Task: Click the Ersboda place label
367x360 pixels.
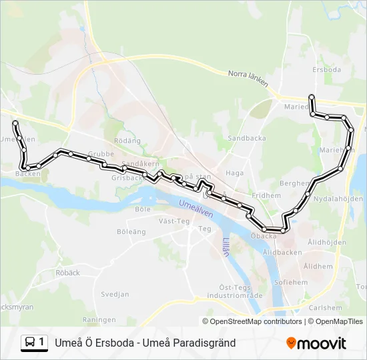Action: pyautogui.click(x=326, y=69)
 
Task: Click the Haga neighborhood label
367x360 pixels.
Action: pyautogui.click(x=235, y=173)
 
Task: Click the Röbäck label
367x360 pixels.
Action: pyautogui.click(x=67, y=273)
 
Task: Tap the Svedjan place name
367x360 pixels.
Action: pyautogui.click(x=115, y=294)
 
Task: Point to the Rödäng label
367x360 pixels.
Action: pyautogui.click(x=127, y=141)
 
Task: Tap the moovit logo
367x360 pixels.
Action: pyautogui.click(x=316, y=343)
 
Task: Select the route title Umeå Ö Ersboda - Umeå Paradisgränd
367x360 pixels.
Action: pyautogui.click(x=145, y=343)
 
